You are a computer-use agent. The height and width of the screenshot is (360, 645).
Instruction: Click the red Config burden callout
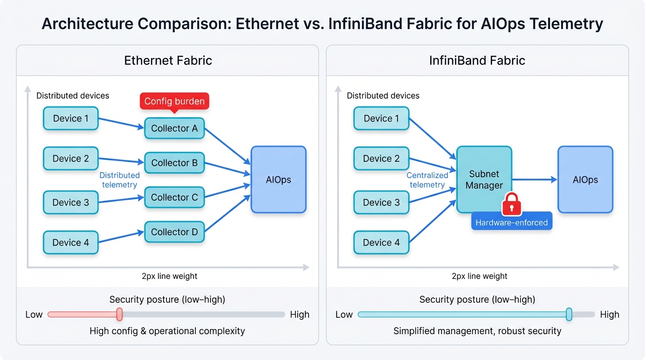(x=174, y=101)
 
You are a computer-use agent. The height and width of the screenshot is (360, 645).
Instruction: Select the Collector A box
(x=174, y=128)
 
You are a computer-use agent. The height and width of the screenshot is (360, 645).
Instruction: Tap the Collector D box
(x=174, y=232)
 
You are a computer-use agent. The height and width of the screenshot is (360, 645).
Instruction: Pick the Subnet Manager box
(x=484, y=180)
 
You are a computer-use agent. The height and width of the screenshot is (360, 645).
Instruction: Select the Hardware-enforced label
(x=511, y=223)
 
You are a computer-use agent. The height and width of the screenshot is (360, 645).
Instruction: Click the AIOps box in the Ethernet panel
(x=278, y=180)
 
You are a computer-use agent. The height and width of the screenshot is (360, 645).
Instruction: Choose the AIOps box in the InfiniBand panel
(x=585, y=180)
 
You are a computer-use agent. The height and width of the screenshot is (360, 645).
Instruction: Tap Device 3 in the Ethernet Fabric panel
(x=71, y=202)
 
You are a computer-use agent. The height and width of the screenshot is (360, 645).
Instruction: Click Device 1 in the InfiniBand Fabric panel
(x=381, y=119)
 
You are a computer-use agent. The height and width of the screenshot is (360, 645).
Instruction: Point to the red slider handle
(x=120, y=314)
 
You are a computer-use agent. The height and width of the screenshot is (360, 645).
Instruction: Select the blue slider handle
(x=569, y=314)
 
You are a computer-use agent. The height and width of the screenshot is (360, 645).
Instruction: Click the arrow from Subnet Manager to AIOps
(x=534, y=180)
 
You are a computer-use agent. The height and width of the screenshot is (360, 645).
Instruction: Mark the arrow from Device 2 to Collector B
(x=121, y=161)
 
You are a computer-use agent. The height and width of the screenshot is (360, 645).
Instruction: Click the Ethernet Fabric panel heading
(x=168, y=60)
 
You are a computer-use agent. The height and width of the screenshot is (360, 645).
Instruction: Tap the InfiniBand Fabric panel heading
(x=477, y=60)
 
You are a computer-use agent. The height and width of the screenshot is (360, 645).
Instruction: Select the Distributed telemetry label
(x=120, y=180)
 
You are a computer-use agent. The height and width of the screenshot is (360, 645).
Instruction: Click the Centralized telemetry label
(x=427, y=180)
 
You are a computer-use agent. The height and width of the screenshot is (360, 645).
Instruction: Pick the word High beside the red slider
(x=300, y=315)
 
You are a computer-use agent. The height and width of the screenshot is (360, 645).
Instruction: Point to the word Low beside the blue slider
(x=344, y=315)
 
